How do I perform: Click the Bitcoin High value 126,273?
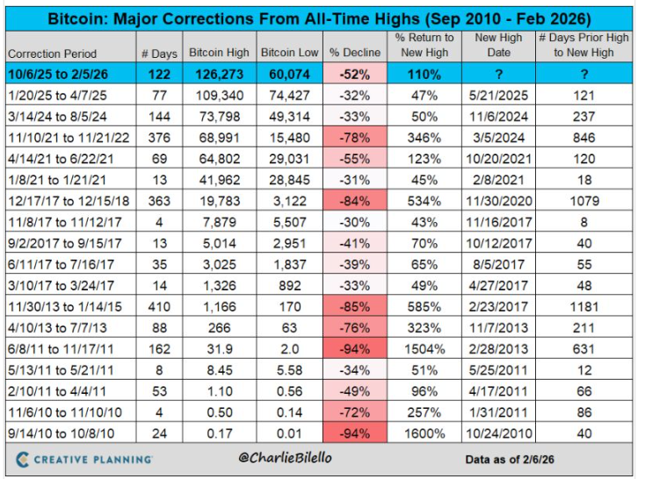click(x=219, y=76)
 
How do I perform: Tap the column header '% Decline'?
click(x=355, y=54)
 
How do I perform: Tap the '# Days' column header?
click(x=161, y=54)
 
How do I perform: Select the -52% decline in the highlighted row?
click(x=355, y=76)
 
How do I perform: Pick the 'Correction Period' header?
click(x=54, y=54)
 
